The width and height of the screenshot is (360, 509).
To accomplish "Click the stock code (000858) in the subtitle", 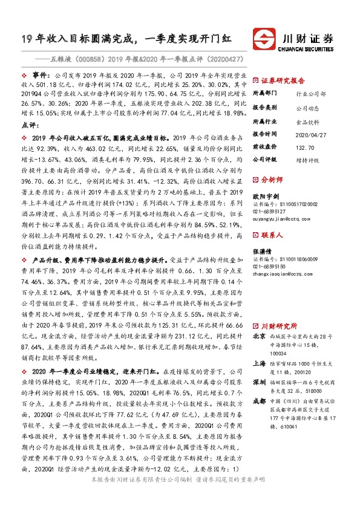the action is click(83, 60).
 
